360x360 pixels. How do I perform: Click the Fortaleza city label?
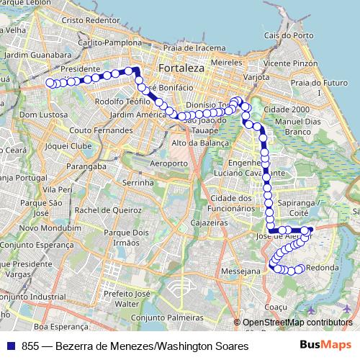click(177, 67)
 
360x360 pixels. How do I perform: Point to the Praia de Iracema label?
click(189, 48)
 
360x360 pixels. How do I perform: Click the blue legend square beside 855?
click(11, 345)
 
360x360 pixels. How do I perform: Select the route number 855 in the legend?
click(30, 346)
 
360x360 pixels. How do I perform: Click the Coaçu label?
click(276, 307)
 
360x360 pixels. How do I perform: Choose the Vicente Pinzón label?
click(289, 63)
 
